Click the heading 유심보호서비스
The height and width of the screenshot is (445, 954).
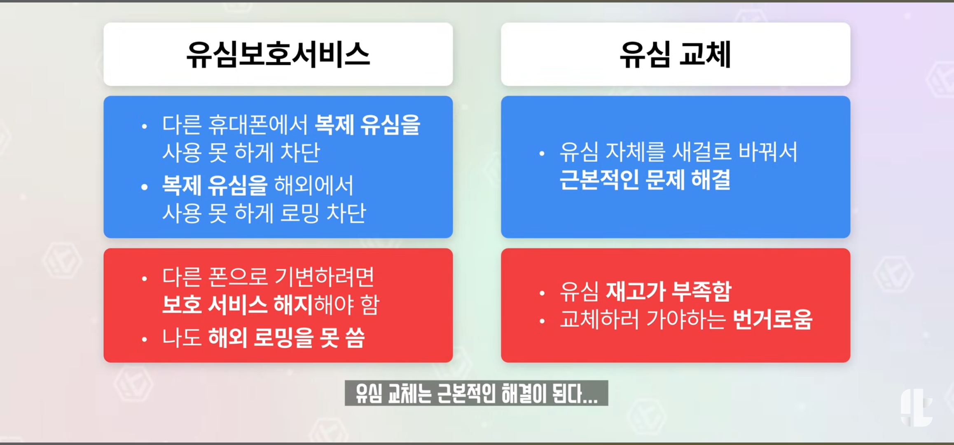tap(278, 54)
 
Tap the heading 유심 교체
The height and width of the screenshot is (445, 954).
tap(675, 54)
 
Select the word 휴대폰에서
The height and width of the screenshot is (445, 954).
tap(258, 124)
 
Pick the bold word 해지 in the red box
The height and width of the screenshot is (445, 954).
tap(293, 304)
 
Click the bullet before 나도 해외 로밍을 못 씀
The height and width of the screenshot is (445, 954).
tap(144, 340)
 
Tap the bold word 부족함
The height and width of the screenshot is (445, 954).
tap(701, 291)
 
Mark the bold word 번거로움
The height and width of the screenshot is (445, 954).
tap(773, 319)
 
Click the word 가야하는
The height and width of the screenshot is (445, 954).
tap(686, 319)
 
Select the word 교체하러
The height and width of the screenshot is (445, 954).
tap(599, 319)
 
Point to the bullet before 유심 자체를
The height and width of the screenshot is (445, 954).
tap(542, 154)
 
